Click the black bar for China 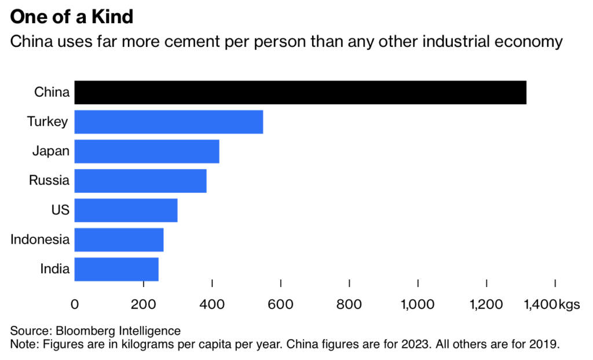coord(300,93)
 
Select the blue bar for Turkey coord(169,122)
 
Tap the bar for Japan coord(147,151)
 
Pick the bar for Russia coord(140,181)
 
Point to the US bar coord(126,210)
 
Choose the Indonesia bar coord(119,240)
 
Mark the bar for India coord(116,269)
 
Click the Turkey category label coord(48,122)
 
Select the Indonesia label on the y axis coord(40,240)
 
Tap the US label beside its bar coord(60,210)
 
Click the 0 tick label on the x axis coord(74,304)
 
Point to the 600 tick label coord(281,304)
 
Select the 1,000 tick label coord(418,304)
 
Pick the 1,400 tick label coord(540,304)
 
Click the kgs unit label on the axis coord(569,304)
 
